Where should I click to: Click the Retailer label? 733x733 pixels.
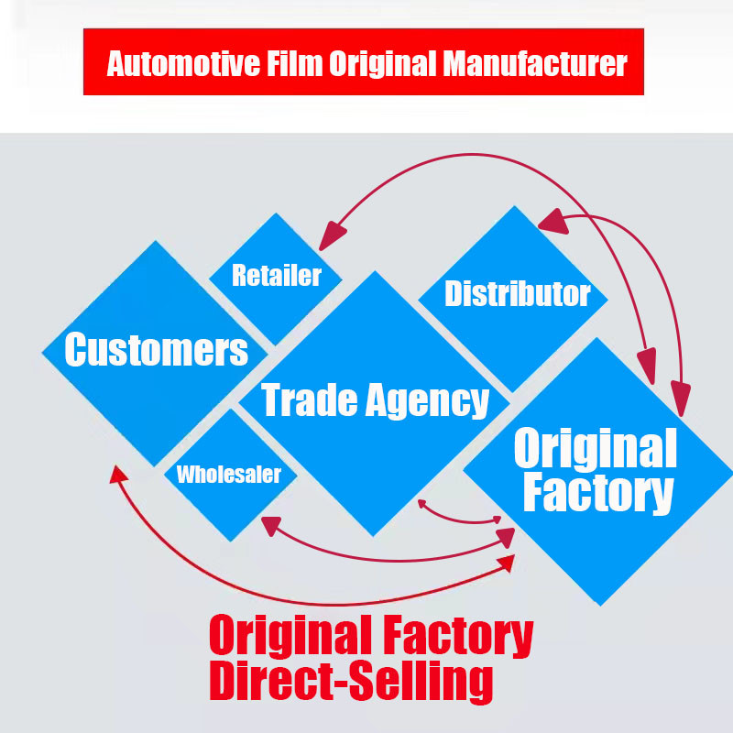click(x=277, y=275)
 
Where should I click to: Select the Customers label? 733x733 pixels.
click(x=157, y=349)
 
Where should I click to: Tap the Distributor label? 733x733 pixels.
click(x=517, y=294)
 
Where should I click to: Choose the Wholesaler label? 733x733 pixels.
click(x=229, y=475)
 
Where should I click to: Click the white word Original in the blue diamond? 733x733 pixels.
click(x=595, y=448)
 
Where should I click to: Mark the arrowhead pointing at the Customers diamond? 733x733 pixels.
click(x=116, y=473)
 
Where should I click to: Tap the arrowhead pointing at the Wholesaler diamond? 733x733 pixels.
click(x=269, y=524)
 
